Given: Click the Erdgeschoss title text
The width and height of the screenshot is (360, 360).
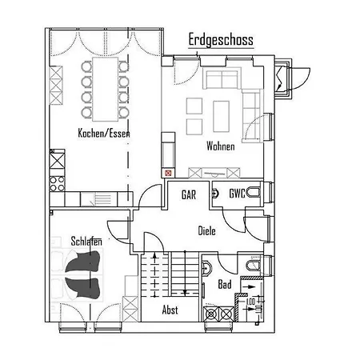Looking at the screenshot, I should coord(220,38).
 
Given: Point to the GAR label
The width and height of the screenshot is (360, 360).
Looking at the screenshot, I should coord(189,194).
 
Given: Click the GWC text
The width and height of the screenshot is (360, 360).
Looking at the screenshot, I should coord(237,194).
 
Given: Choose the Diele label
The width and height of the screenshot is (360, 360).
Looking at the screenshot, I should coord(207,230).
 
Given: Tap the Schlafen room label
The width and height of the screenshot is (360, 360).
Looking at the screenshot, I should coord(85,240).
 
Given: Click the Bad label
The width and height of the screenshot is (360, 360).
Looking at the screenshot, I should coord(225,285).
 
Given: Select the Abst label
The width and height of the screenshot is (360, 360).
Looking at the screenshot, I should coord(170,310).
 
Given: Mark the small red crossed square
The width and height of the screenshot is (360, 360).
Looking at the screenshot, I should coord(168,171).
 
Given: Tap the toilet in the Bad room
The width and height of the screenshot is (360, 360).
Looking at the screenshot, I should coord(253,265).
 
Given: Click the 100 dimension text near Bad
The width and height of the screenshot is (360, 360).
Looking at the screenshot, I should coord(250,302).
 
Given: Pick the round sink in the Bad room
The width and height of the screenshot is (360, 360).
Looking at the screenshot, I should coord(208,268).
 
